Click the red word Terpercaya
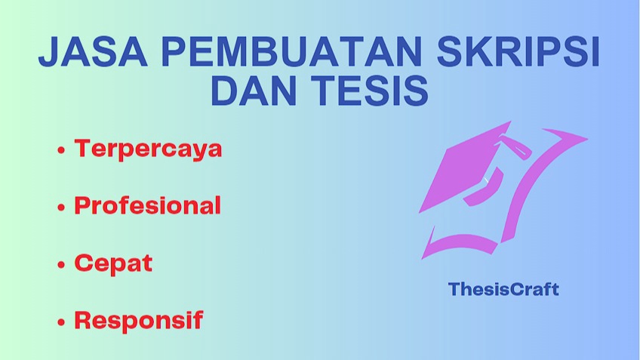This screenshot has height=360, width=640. [148, 149]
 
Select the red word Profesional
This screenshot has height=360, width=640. [147, 205]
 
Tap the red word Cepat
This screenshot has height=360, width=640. [113, 263]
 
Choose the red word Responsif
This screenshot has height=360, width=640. [138, 320]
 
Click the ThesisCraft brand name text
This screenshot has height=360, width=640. [503, 289]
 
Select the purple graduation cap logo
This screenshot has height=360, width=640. [498, 189]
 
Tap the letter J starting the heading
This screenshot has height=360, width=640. [49, 55]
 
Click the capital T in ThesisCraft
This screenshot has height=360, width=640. [454, 289]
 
